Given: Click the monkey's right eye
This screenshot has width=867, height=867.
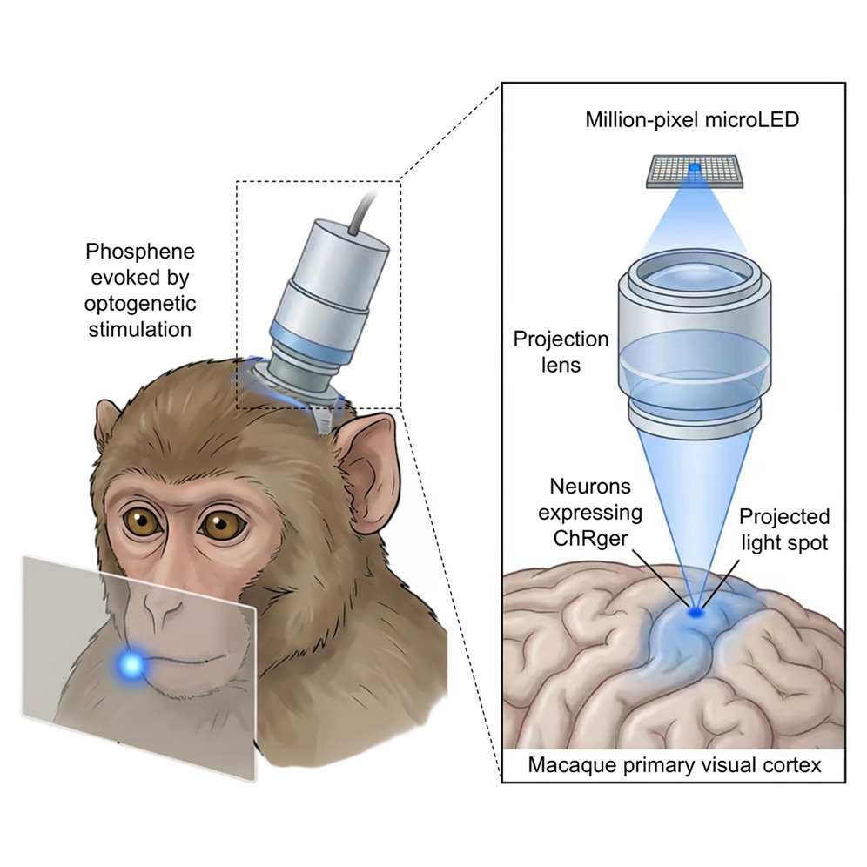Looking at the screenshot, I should pos(225,525).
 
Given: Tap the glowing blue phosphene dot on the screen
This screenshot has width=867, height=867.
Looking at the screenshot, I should pos(131,666).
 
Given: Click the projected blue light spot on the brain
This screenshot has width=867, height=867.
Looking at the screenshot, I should pos(695,613).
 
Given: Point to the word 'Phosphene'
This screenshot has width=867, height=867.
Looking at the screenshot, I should pos(140,252).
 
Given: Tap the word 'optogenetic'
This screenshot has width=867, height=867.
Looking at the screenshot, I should pos(140,304).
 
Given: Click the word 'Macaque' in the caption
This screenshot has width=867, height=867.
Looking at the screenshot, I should pos(572,766).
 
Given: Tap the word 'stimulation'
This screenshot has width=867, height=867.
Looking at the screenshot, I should pos(140,330).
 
